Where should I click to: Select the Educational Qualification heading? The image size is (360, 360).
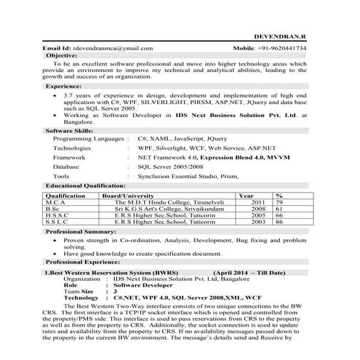(x=86, y=186)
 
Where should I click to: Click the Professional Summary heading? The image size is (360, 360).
(x=81, y=231)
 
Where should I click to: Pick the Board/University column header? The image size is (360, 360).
(x=128, y=196)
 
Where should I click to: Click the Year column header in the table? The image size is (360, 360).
(x=246, y=196)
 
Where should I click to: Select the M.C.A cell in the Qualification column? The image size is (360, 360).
(x=56, y=202)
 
